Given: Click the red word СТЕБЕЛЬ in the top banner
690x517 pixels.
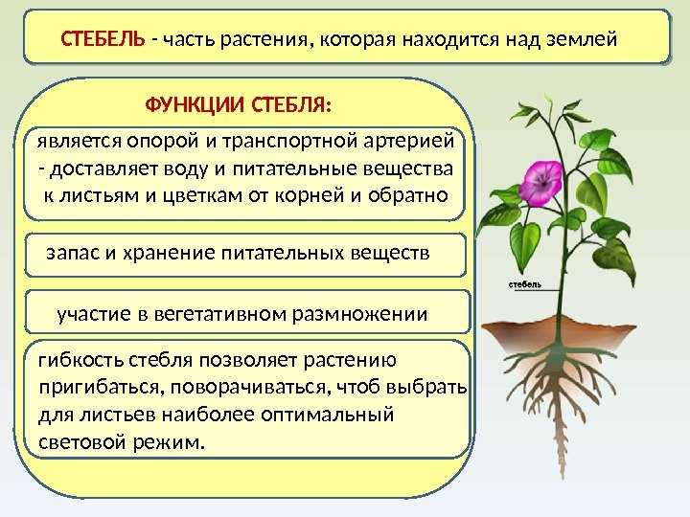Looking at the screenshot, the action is click(103, 39).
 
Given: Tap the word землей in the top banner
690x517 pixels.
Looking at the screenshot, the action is click(582, 40).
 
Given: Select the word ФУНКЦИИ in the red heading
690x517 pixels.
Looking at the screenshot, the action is click(195, 106).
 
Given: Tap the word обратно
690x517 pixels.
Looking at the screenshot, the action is click(407, 195).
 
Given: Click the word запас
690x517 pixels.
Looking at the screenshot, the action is click(73, 254).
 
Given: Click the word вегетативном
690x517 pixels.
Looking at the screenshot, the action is click(220, 315).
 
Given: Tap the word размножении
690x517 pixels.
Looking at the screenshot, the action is click(359, 315).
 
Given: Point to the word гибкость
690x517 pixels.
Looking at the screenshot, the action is click(80, 360).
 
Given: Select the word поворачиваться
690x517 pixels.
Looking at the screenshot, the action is click(248, 388).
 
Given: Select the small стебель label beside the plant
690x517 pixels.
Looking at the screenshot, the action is click(525, 285).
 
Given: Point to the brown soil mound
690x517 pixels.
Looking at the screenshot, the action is click(559, 333).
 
